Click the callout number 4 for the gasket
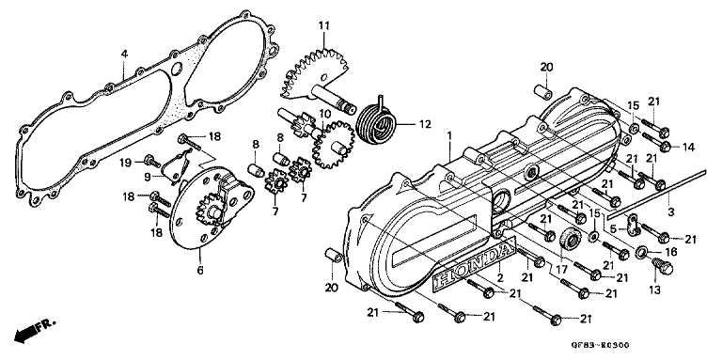point(123,53)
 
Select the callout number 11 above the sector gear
point(323,24)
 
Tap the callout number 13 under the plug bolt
point(654,290)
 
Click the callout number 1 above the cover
point(450,134)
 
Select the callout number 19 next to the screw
point(149,163)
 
